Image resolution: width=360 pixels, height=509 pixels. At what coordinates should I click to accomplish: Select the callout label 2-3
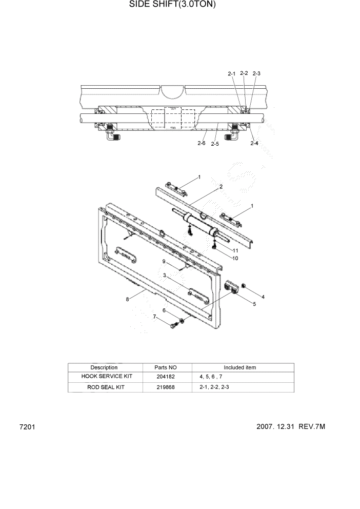[256, 73]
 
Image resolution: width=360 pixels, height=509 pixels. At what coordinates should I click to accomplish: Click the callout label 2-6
[202, 144]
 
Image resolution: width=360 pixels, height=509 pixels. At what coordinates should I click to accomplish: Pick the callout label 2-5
[214, 144]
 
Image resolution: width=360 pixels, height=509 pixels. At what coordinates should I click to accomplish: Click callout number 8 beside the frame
[127, 300]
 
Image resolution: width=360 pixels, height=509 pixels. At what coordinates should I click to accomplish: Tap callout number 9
[164, 261]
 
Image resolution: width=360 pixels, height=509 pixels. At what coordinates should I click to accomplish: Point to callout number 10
[235, 258]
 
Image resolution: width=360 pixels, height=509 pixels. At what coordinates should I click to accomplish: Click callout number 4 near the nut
[263, 297]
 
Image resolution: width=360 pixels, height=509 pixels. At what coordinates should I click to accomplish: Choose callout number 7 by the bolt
[154, 317]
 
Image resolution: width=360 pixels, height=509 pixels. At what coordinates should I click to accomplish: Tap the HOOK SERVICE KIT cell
[104, 376]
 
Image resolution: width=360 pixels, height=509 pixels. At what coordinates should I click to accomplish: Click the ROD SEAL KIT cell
[104, 387]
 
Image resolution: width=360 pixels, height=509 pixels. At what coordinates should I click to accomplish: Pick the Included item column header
[239, 367]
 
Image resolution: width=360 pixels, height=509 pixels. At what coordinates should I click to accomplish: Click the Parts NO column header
[165, 367]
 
